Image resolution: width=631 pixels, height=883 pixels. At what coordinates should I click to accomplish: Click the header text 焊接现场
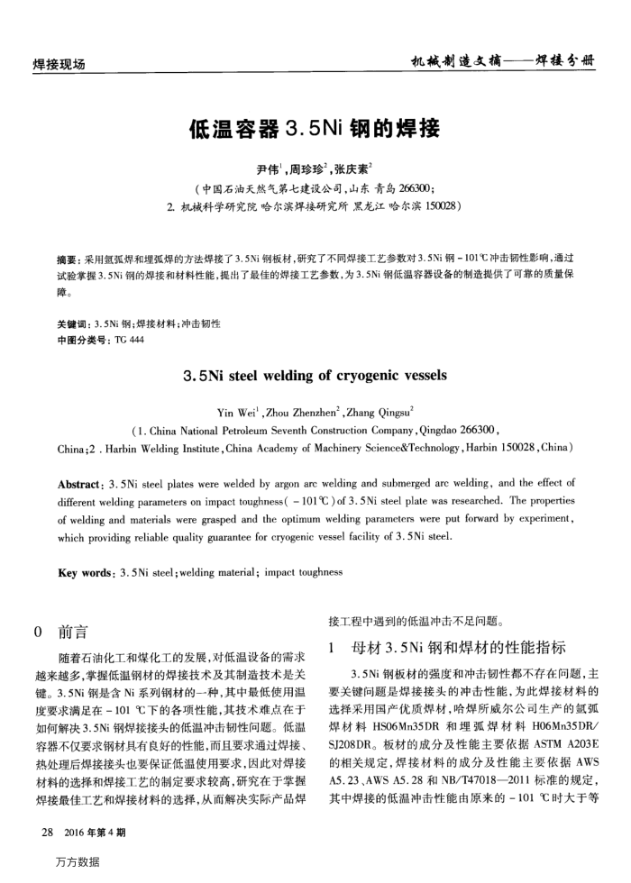(x=59, y=64)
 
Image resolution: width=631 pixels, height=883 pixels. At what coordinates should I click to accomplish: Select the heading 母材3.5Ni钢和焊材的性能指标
(x=459, y=647)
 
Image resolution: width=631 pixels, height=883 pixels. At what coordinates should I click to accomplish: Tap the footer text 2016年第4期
(x=95, y=831)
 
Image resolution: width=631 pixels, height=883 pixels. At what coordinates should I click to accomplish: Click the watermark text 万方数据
(x=77, y=862)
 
